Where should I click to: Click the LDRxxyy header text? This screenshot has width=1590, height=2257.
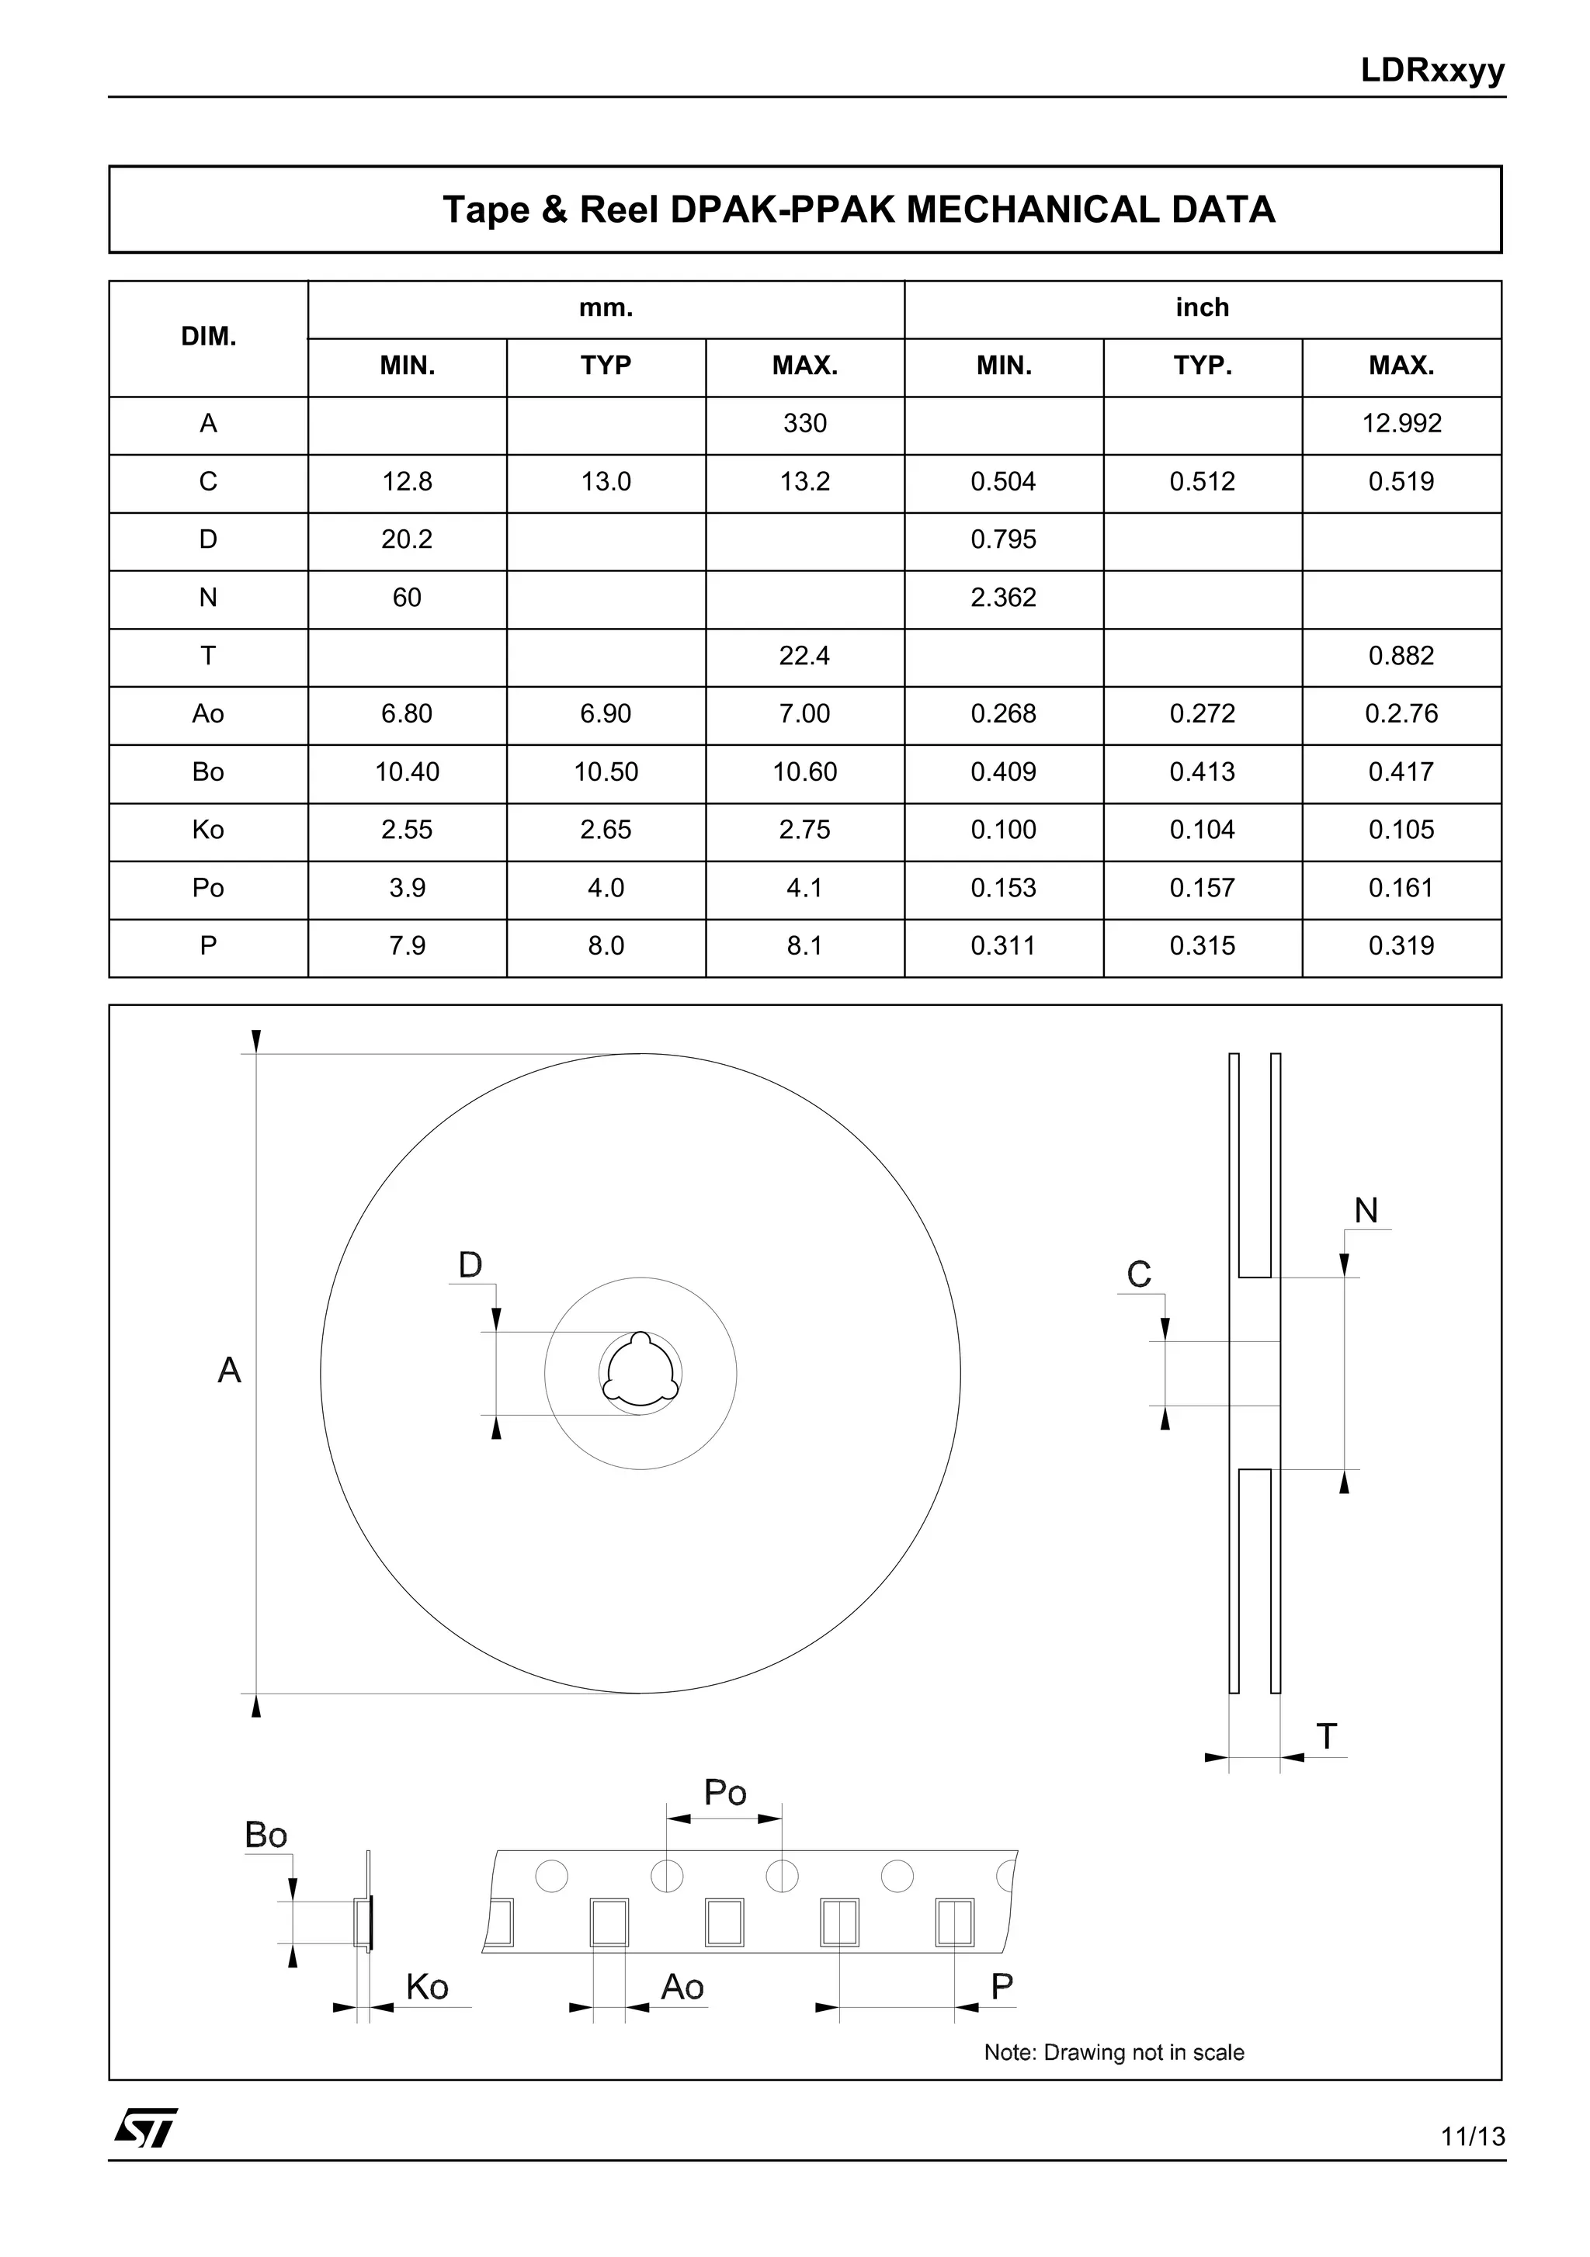click(x=1432, y=71)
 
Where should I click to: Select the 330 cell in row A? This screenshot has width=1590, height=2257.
click(x=804, y=424)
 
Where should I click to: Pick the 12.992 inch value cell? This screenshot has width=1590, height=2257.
click(x=1401, y=424)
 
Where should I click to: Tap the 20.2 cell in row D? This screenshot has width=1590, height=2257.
click(x=406, y=539)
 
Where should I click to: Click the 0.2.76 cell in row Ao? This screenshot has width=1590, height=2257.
click(x=1401, y=714)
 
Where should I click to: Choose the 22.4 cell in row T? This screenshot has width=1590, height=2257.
click(x=804, y=656)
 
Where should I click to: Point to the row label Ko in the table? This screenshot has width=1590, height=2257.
click(x=209, y=830)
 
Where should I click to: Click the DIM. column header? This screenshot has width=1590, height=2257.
click(x=209, y=337)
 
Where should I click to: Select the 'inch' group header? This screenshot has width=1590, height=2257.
click(x=1202, y=307)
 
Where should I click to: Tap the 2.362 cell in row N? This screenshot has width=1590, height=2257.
click(x=1003, y=598)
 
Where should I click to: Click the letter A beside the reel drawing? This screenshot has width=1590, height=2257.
click(x=229, y=1371)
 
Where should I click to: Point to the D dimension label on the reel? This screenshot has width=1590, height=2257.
click(x=470, y=1265)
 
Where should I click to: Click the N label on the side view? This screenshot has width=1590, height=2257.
click(x=1366, y=1210)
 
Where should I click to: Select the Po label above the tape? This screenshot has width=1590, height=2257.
click(x=724, y=1793)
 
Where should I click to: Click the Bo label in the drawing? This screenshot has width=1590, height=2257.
click(x=266, y=1836)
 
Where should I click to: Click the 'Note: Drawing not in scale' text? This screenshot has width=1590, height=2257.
click(x=1113, y=2053)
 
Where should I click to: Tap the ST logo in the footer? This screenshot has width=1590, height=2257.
click(x=145, y=2129)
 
